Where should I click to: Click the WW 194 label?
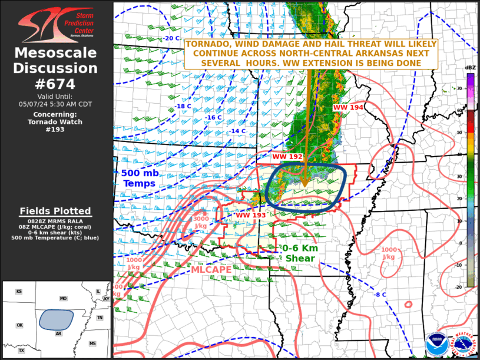tap(348, 107)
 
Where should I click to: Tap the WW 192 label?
tap(287, 157)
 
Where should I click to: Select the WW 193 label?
tap(250, 215)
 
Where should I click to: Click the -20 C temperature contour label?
tap(171, 38)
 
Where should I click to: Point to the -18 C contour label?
tap(183, 107)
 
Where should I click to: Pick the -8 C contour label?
tap(380, 295)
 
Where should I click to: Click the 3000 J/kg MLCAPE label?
tap(201, 223)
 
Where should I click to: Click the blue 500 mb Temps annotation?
tap(140, 179)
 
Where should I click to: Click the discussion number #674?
tap(56, 84)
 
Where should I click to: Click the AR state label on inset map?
tap(59, 333)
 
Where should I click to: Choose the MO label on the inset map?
tap(63, 299)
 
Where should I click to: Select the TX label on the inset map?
tap(21, 351)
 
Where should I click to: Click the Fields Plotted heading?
tap(55, 211)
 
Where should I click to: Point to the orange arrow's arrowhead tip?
tap(304, 188)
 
